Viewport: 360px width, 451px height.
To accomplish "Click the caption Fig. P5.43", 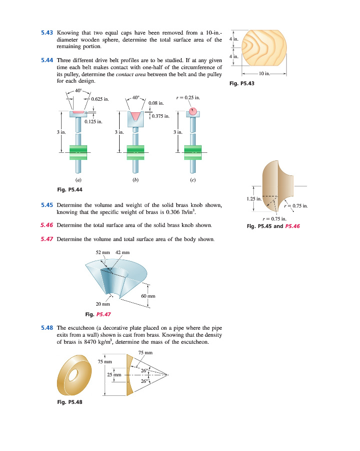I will pyautogui.click(x=242, y=83).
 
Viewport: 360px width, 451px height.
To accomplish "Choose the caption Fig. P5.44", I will pyautogui.click(x=71, y=189).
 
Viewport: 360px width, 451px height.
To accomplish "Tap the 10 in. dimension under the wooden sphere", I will pyautogui.click(x=263, y=74).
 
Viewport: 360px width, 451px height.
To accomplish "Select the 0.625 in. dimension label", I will pyautogui.click(x=100, y=99).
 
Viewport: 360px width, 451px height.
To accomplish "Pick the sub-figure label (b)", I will pyautogui.click(x=135, y=179).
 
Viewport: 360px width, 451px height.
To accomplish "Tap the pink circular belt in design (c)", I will pyautogui.click(x=193, y=112).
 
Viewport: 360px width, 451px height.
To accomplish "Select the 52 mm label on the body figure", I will pyautogui.click(x=103, y=252).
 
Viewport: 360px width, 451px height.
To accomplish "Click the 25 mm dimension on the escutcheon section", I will pyautogui.click(x=115, y=374).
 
